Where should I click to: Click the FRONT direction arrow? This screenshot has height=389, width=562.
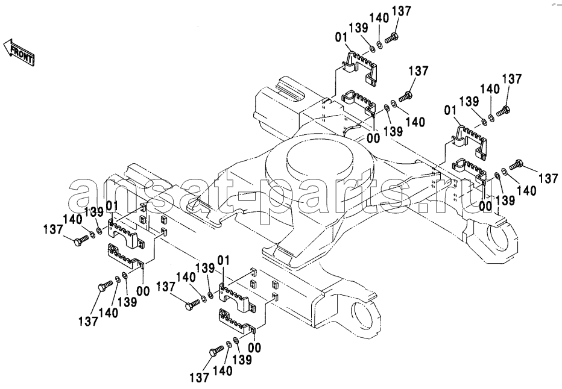tap(20, 52)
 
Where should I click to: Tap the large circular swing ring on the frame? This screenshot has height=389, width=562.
tap(324, 161)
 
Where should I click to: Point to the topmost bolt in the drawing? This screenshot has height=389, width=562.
tap(390, 37)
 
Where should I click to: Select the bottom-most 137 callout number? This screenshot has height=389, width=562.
tap(199, 378)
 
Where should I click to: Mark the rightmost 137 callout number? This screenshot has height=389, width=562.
tap(548, 178)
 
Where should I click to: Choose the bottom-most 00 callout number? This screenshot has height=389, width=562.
tap(254, 347)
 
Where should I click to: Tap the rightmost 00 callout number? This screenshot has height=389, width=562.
tap(485, 205)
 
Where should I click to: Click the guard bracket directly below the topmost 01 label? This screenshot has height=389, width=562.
tap(361, 63)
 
